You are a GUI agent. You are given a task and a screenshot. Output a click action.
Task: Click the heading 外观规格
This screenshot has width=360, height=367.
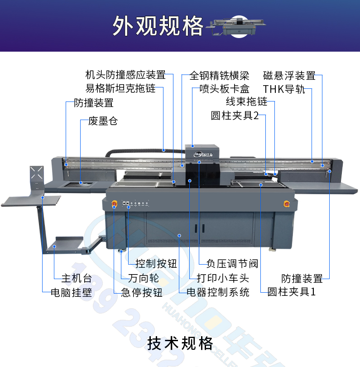(158, 26)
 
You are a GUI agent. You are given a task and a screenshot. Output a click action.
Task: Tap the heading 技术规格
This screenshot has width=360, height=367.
(180, 343)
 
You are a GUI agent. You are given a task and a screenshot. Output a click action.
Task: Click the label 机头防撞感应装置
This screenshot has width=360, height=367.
(125, 75)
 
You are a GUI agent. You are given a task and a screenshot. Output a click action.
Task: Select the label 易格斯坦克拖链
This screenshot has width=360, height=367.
(120, 88)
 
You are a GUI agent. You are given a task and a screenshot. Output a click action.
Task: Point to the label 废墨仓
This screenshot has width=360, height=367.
(103, 121)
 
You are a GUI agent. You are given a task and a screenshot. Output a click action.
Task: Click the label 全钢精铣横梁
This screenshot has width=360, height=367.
(219, 76)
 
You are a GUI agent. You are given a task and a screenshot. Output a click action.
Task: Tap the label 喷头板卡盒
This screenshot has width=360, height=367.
(224, 89)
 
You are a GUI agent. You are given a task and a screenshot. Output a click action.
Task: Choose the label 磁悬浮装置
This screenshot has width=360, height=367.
(289, 76)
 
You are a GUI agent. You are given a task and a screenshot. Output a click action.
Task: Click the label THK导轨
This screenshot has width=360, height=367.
(284, 89)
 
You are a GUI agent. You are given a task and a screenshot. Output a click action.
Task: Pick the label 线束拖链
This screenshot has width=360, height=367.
(246, 101)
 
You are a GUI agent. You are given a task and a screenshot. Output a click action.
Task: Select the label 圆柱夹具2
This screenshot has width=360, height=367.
(235, 116)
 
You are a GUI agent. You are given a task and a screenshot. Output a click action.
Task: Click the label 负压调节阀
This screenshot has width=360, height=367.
(232, 264)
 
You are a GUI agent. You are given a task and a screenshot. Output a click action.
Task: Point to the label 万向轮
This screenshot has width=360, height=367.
(144, 278)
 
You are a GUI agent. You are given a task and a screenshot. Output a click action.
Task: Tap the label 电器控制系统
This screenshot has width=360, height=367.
(218, 292)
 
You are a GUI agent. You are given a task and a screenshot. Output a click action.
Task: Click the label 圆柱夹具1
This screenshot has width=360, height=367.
(292, 292)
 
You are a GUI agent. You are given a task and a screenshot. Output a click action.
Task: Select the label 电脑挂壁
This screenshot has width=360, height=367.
(72, 293)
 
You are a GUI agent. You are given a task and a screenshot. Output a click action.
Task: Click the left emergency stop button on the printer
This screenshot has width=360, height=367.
(115, 203)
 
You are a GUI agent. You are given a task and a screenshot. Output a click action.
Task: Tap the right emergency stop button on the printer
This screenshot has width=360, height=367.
(287, 204)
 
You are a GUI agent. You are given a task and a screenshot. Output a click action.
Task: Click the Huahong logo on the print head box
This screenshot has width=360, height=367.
(203, 154)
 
